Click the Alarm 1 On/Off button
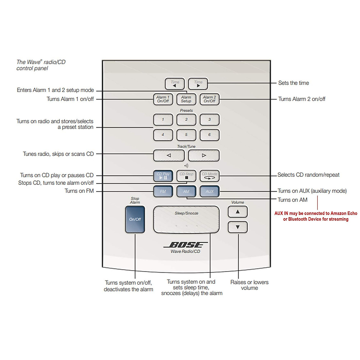(x=163, y=99)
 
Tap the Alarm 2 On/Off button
(x=209, y=99)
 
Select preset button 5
(x=186, y=135)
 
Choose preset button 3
(x=209, y=120)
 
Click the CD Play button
(x=163, y=176)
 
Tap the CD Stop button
(x=186, y=176)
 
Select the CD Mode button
(x=209, y=176)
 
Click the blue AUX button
(x=209, y=191)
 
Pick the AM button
(x=186, y=191)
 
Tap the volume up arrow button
(x=238, y=212)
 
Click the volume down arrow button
(x=238, y=227)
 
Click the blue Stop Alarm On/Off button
(x=135, y=219)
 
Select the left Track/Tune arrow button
(x=169, y=155)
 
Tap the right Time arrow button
(x=198, y=84)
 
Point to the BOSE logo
(x=186, y=245)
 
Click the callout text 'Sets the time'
(x=293, y=83)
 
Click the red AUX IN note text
(x=316, y=216)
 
